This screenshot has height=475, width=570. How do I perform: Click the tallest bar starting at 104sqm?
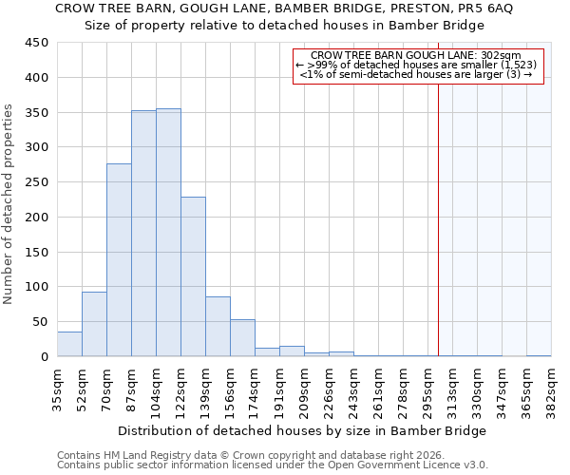tap(168, 233)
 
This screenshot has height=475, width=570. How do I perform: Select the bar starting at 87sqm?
tap(143, 234)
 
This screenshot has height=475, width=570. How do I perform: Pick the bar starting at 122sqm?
tap(193, 276)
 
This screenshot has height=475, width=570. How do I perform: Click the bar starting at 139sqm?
tap(218, 327)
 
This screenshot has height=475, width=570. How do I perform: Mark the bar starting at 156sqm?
tap(242, 338)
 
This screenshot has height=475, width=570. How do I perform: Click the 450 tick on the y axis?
tap(37, 43)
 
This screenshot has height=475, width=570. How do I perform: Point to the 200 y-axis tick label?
tap(37, 218)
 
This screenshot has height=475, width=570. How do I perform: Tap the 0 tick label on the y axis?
tap(45, 357)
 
